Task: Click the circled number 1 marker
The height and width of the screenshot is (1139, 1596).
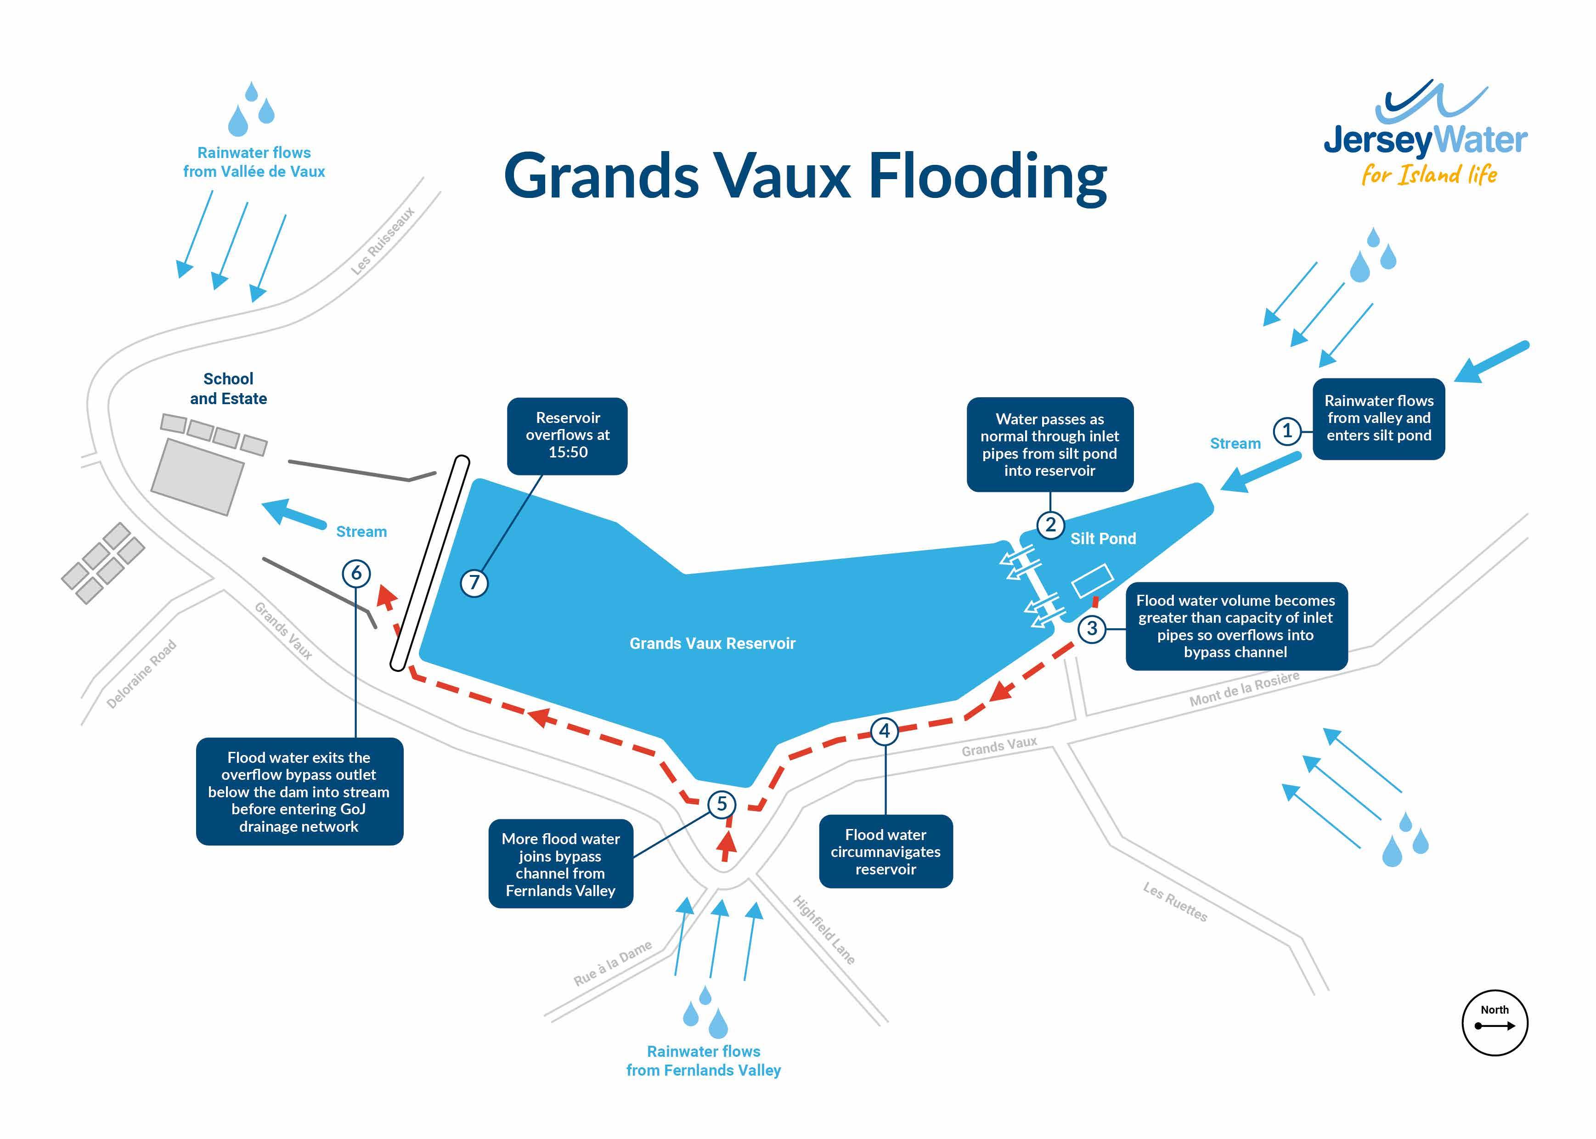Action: [x=1287, y=431]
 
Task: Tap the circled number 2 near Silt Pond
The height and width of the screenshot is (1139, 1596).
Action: [x=1050, y=524]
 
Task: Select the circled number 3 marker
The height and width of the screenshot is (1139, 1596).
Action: [x=1092, y=628]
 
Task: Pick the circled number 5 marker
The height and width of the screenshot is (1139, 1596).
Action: [x=722, y=804]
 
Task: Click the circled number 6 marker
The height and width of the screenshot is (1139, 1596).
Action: [x=356, y=573]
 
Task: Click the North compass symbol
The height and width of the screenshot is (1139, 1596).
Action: [x=1494, y=1023]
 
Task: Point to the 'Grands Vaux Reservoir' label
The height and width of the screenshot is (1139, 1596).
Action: [x=712, y=643]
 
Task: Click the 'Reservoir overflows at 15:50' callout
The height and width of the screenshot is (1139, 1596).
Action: [x=567, y=435]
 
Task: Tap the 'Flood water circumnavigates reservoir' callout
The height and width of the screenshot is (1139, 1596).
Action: [x=885, y=851]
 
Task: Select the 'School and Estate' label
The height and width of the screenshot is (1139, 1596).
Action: [x=229, y=389]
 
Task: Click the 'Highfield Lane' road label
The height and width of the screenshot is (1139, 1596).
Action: [x=824, y=930]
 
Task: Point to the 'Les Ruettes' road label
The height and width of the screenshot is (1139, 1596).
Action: [x=1175, y=902]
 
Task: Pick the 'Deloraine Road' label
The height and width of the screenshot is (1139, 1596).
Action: [x=141, y=674]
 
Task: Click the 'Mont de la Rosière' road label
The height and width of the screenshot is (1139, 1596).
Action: [x=1244, y=689]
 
